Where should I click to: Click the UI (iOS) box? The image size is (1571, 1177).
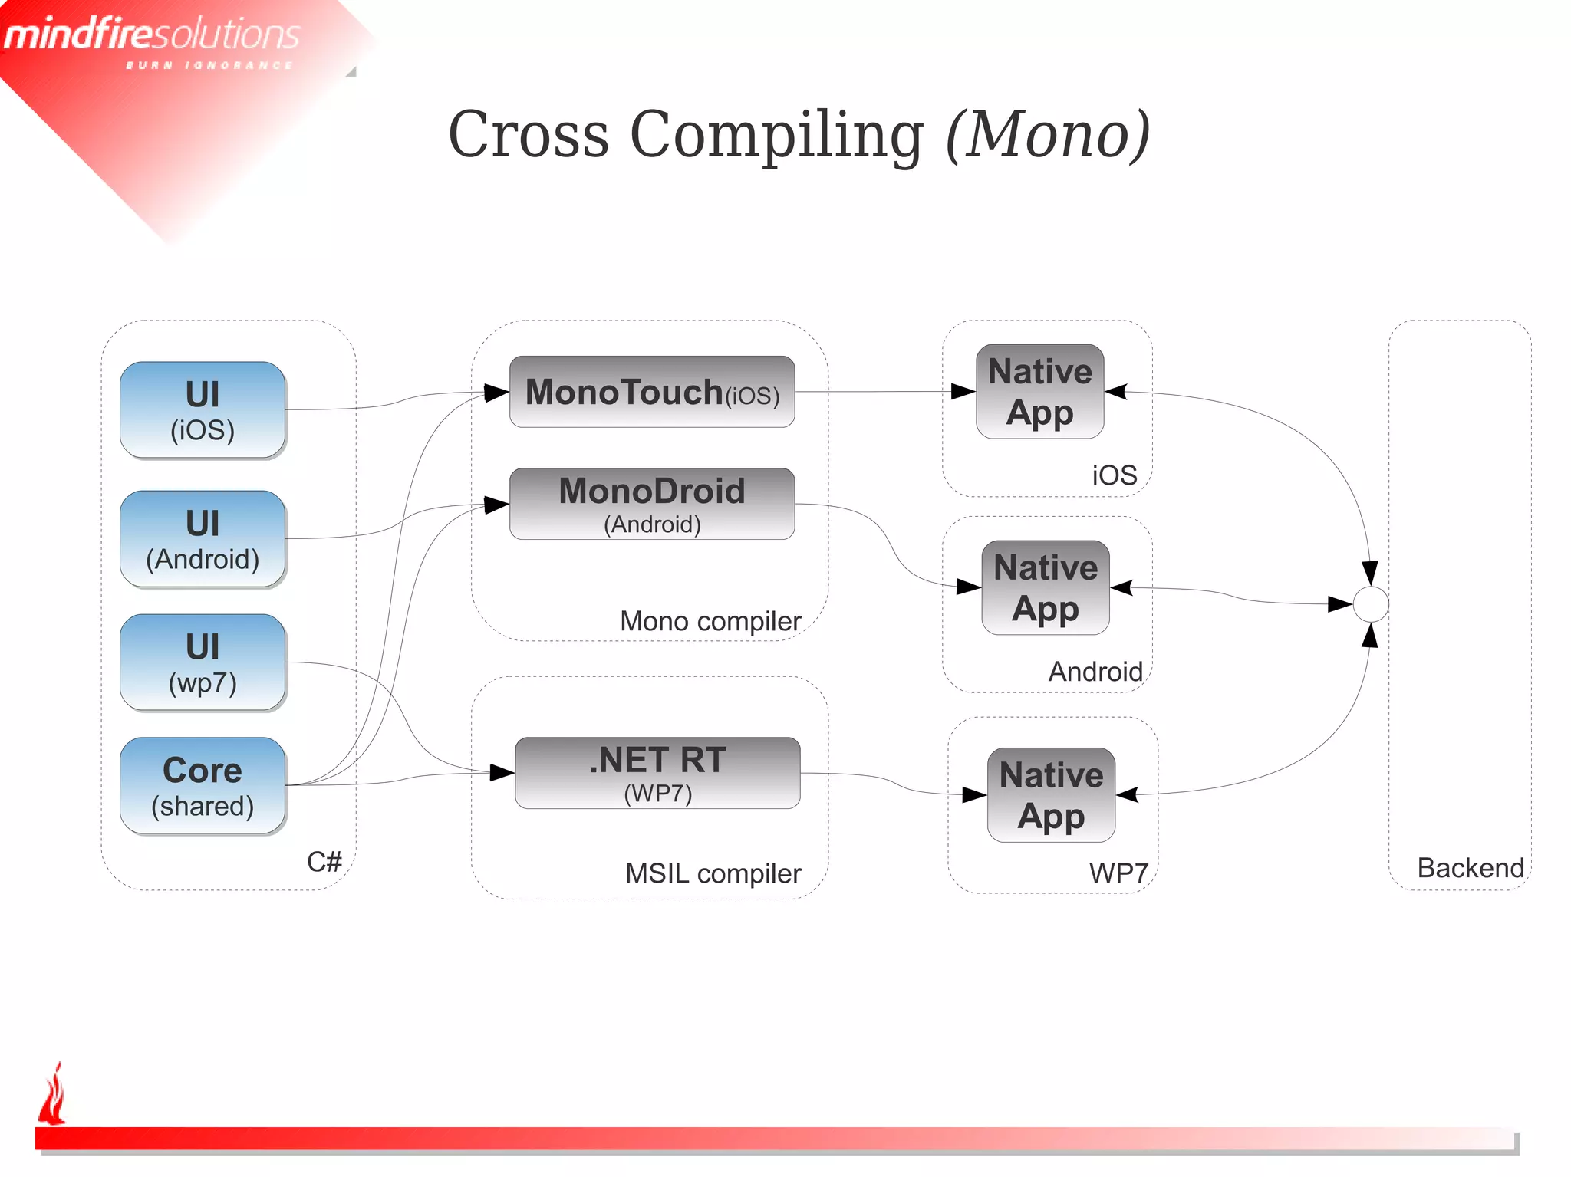pos(203,410)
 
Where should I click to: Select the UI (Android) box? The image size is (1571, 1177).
pos(203,539)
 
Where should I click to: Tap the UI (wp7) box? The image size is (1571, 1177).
pos(203,662)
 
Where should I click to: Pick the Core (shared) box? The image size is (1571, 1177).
pos(203,786)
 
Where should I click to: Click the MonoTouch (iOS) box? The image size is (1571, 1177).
pos(652,392)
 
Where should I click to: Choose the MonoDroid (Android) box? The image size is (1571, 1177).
pos(652,504)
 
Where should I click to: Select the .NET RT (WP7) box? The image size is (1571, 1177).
pos(657,773)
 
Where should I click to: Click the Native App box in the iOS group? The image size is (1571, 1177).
pos(1039,392)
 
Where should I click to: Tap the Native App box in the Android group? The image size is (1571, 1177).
pos(1046,588)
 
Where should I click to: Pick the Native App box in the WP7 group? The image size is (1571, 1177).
pos(1051,795)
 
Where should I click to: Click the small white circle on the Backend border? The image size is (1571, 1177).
pos(1371,604)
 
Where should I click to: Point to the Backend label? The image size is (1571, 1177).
pos(1471,868)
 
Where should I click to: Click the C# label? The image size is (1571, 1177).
pos(324,862)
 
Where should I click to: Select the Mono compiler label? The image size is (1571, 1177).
pos(710,621)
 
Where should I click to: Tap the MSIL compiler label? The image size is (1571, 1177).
pos(713,873)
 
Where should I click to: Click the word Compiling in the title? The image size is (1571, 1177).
pos(776,135)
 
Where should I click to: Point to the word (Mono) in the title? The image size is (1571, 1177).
pos(1048,135)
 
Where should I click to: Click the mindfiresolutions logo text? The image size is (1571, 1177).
pos(152,35)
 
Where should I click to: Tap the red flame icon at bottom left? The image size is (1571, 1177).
pos(53,1095)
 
